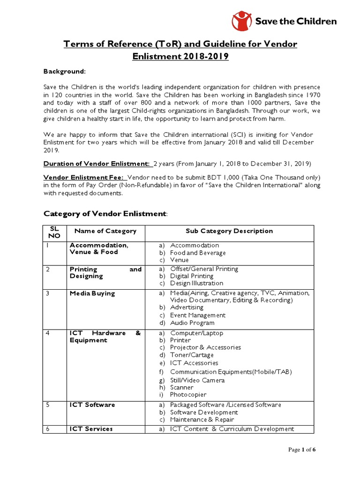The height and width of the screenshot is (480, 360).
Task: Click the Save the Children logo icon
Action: (x=241, y=21)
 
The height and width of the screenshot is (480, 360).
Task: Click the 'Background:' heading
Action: (x=65, y=71)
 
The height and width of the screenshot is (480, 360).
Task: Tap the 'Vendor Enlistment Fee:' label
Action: (x=84, y=178)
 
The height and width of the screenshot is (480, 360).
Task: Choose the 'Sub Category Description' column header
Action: (x=229, y=231)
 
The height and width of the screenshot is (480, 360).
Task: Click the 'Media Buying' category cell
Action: (x=92, y=293)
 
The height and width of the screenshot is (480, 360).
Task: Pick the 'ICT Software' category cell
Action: (x=92, y=405)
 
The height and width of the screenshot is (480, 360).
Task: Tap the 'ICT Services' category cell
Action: (x=91, y=428)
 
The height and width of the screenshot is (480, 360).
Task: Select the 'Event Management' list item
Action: (x=197, y=315)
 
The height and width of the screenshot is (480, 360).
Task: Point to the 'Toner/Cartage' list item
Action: (x=192, y=355)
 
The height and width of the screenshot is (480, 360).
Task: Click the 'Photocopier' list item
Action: (x=188, y=394)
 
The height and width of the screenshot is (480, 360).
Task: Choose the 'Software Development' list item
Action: (x=204, y=412)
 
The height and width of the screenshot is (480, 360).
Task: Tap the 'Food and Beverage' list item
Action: (x=197, y=253)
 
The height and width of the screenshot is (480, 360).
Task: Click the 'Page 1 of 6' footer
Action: (x=302, y=450)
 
